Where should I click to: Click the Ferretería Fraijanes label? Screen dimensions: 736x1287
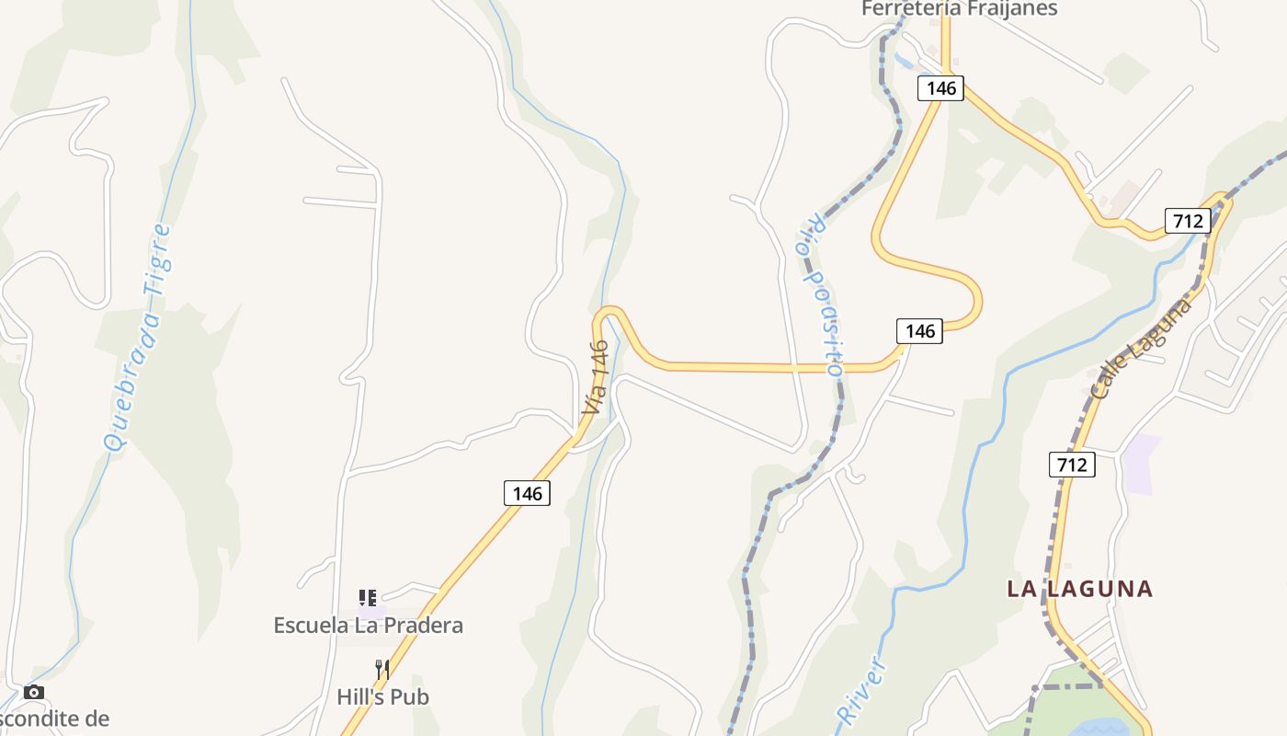click(959, 9)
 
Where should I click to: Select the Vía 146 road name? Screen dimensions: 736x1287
click(596, 376)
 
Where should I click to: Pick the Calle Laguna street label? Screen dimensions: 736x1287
click(1141, 348)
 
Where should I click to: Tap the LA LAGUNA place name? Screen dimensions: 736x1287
click(1079, 589)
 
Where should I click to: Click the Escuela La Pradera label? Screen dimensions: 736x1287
click(368, 626)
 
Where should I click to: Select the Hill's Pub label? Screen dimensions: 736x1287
click(382, 696)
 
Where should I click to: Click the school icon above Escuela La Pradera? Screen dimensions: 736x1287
click(368, 598)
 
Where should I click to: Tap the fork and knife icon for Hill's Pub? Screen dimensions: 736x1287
click(382, 669)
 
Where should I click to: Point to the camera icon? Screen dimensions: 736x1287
click(34, 692)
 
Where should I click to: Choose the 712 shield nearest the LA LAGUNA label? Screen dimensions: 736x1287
click(1072, 465)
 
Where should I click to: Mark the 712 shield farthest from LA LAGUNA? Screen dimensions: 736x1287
click(1187, 221)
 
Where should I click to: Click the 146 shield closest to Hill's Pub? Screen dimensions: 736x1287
click(527, 493)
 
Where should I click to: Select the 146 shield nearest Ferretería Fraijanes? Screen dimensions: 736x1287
click(940, 88)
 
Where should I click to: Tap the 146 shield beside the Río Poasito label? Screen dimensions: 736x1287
click(919, 331)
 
